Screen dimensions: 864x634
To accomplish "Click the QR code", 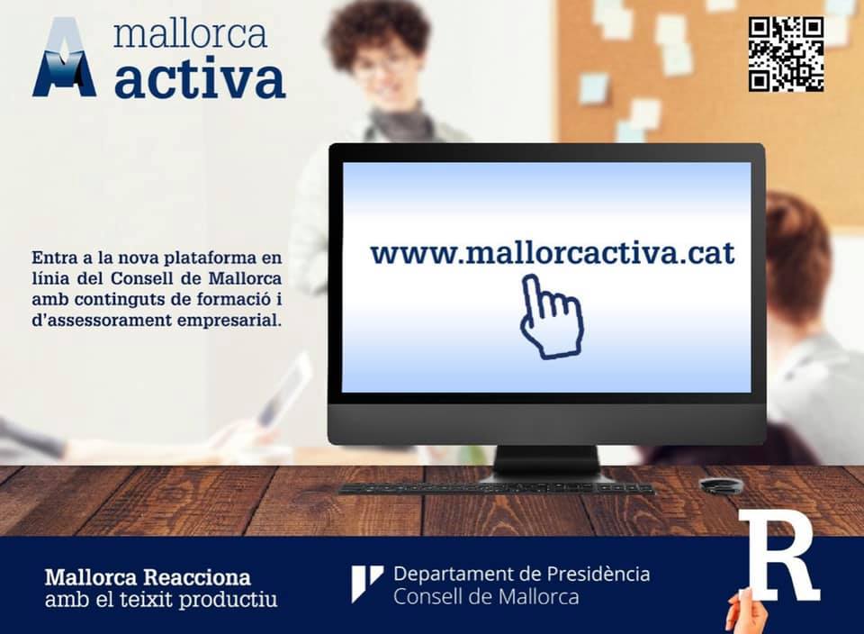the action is [786, 54].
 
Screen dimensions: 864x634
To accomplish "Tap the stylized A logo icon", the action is [65, 58].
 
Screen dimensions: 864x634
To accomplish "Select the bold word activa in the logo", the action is [200, 80].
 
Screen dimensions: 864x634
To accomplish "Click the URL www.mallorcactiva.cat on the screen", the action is [553, 253].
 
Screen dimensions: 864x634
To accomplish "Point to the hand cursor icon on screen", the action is [551, 317].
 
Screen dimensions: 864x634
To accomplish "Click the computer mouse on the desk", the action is [721, 485].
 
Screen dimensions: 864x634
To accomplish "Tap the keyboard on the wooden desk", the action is [496, 488].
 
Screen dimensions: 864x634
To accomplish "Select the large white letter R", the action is [779, 556].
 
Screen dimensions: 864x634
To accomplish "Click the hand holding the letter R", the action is [746, 612].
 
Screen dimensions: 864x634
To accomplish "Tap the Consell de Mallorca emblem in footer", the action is [367, 584].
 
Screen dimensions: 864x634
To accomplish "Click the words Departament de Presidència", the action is [522, 574].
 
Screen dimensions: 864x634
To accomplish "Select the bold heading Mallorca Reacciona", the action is [148, 577].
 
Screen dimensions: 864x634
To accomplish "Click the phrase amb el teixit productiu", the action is [161, 599].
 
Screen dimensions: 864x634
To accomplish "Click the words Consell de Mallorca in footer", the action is [486, 597].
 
